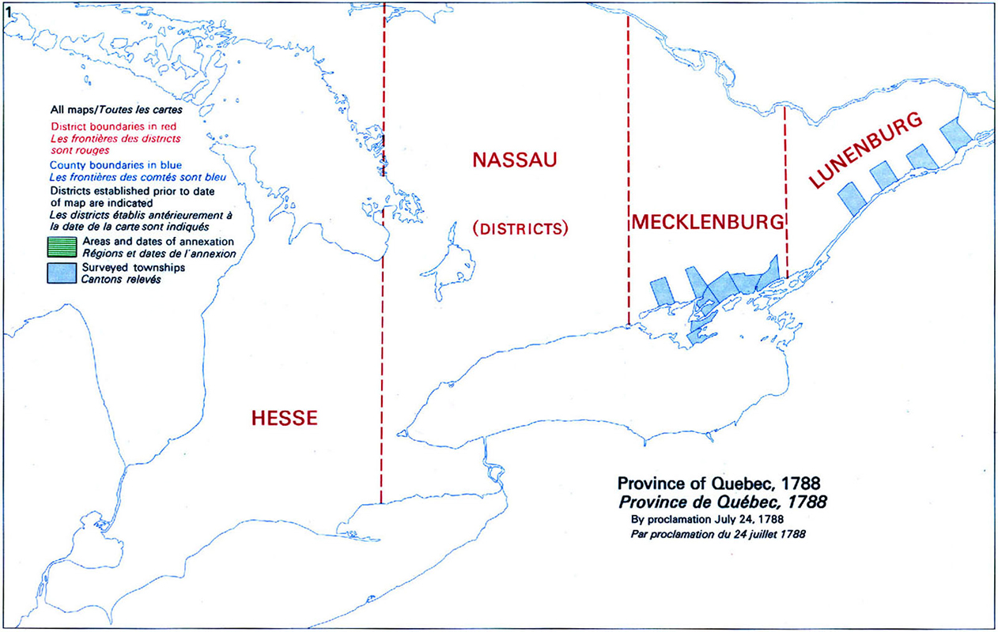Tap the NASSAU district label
pos(515,160)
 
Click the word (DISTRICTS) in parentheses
pos(520,229)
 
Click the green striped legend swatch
pos(60,245)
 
